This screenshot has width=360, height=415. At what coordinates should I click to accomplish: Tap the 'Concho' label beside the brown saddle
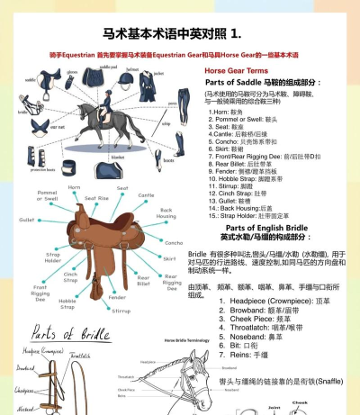(173, 242)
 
